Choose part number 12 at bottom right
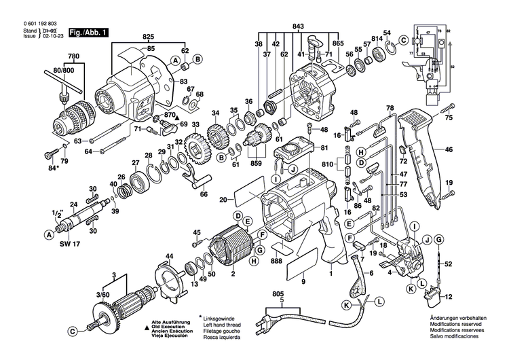tap(448, 297)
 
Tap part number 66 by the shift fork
tap(203, 194)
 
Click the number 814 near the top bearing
tap(376, 39)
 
